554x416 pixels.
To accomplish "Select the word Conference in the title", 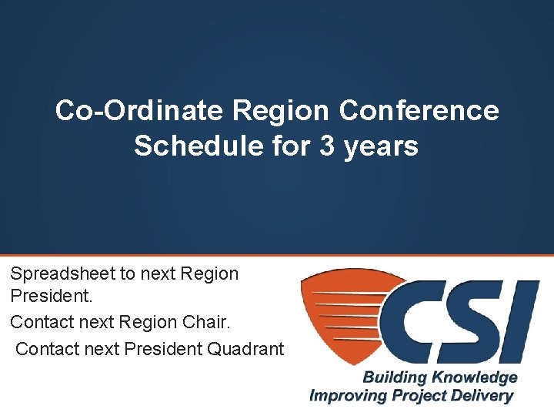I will pyautogui.click(x=419, y=111).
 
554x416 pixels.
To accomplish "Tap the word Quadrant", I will pyautogui.click(x=245, y=349).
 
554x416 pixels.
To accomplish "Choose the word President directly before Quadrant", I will pyautogui.click(x=162, y=349).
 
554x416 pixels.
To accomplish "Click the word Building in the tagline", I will pyautogui.click(x=393, y=377).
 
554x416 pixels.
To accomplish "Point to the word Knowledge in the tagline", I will pyautogui.click(x=473, y=377).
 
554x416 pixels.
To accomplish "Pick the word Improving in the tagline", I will pyautogui.click(x=345, y=396).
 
